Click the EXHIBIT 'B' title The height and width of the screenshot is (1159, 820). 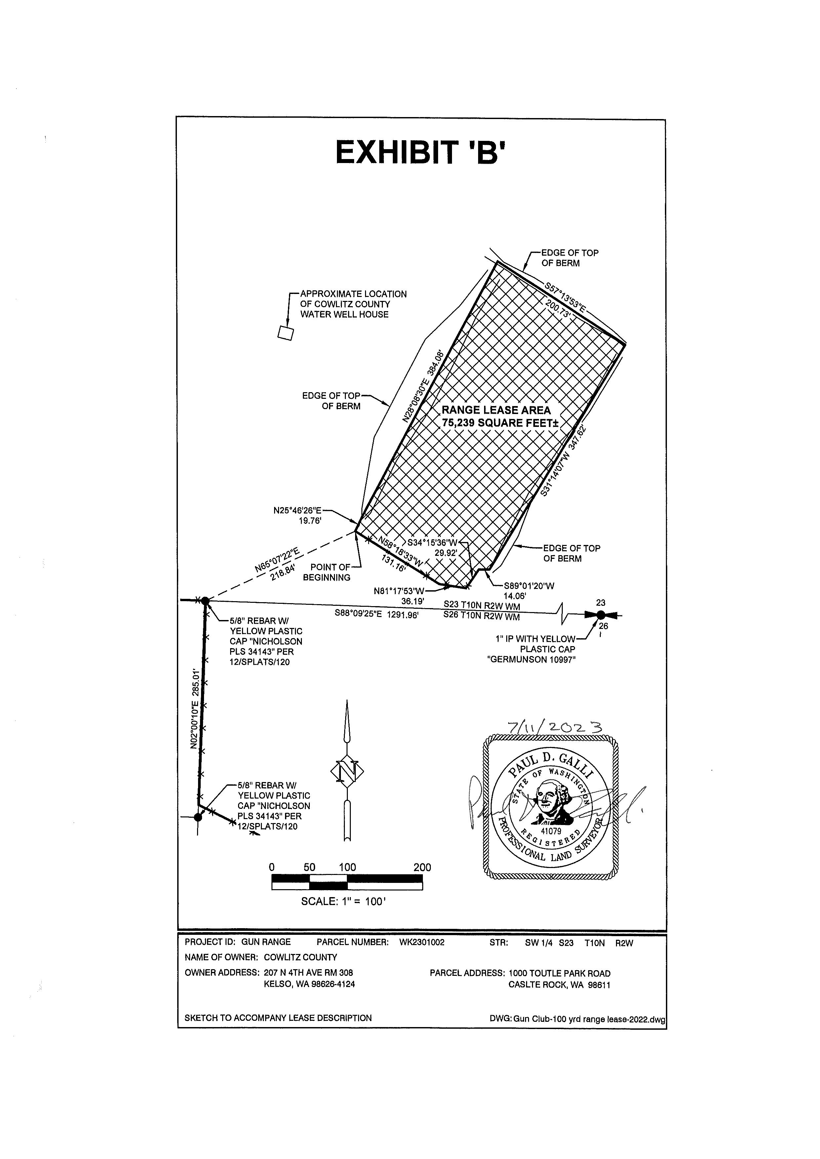click(420, 152)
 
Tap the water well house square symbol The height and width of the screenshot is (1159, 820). click(286, 333)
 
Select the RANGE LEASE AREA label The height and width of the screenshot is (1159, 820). click(496, 411)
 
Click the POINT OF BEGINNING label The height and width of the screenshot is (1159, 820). click(327, 572)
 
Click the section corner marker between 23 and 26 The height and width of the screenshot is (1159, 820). click(600, 615)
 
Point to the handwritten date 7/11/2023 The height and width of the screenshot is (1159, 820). click(556, 728)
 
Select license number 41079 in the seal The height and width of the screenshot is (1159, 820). click(551, 830)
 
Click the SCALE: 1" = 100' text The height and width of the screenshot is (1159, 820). click(343, 901)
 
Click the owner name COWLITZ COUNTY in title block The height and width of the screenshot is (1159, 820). click(301, 958)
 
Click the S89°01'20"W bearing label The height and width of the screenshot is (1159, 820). click(529, 586)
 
